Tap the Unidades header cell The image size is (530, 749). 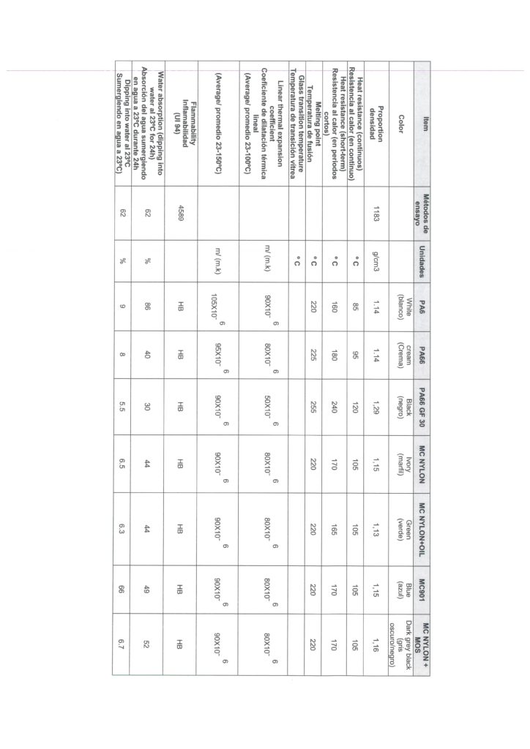pos(421,257)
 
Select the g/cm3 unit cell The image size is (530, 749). pos(378,257)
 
